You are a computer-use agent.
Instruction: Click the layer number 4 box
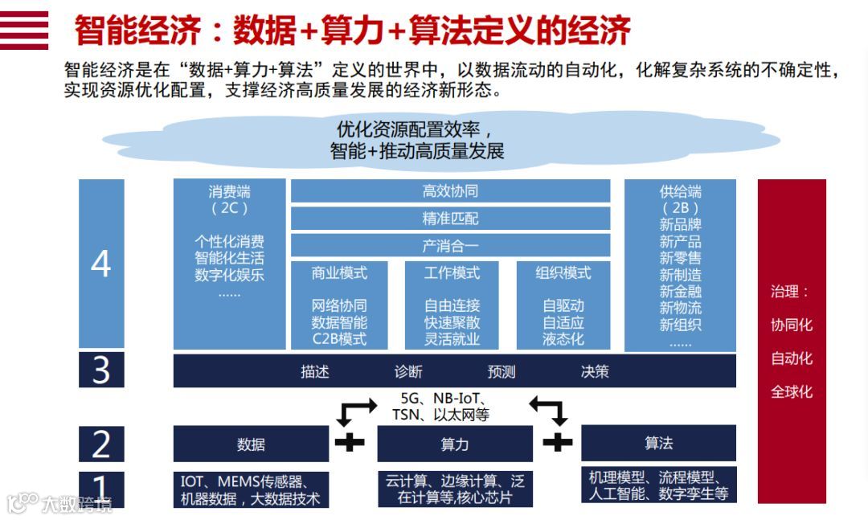[101, 264]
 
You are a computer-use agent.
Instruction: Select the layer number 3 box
[101, 371]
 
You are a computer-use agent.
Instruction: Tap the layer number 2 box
[101, 444]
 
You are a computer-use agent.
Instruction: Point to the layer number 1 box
[101, 488]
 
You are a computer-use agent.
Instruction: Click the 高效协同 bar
[450, 191]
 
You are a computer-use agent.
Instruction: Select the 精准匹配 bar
[450, 219]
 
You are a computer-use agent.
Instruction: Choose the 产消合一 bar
[450, 245]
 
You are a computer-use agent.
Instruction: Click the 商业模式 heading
[339, 273]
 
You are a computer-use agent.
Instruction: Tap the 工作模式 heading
[452, 273]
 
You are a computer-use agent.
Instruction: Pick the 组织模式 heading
[563, 273]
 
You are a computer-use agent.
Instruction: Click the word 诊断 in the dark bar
[408, 371]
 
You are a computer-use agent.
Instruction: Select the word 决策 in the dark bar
[595, 371]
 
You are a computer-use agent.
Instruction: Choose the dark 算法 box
[658, 443]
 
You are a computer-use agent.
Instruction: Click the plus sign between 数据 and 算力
[350, 441]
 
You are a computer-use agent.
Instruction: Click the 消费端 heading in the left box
[229, 192]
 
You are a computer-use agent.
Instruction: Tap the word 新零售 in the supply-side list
[680, 258]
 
